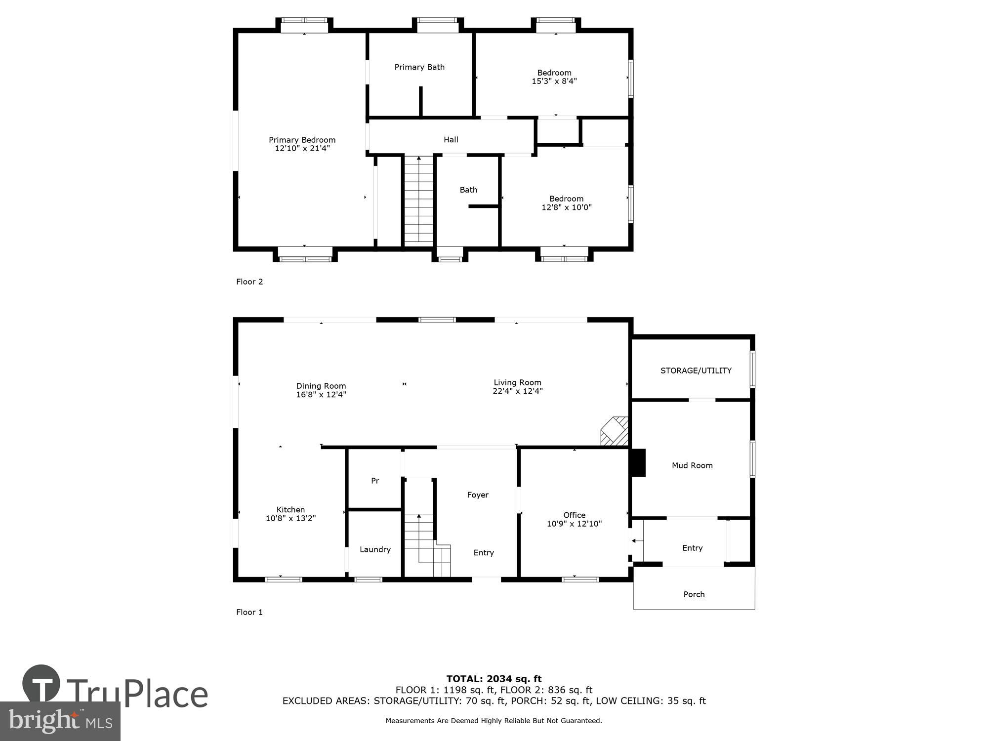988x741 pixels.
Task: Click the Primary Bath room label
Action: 419,67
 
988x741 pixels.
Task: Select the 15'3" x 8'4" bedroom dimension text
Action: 554,81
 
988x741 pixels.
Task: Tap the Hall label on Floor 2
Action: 451,140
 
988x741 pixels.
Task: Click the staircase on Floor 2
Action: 419,200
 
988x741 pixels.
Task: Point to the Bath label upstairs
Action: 468,190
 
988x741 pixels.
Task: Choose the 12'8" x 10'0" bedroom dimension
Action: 566,207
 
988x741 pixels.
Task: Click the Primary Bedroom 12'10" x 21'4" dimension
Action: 302,148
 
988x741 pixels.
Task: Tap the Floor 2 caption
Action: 249,282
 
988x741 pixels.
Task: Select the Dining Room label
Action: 321,386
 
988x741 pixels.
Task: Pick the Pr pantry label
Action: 375,481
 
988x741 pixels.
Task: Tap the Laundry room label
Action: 375,549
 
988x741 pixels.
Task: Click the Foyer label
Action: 478,495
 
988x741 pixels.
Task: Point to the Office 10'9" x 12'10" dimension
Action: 574,524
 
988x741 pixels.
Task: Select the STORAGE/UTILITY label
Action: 696,370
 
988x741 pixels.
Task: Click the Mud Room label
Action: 692,465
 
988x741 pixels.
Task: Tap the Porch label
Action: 694,594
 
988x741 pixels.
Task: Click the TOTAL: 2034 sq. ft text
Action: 494,679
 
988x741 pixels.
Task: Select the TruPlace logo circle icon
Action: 41,684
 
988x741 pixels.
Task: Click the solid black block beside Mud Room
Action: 639,463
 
